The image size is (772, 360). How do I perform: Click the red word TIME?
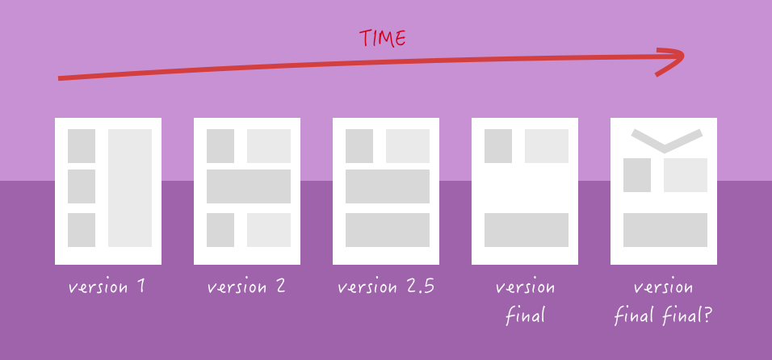pos(382,37)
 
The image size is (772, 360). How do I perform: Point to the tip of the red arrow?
pos(683,56)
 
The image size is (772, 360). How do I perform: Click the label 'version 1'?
pos(107,287)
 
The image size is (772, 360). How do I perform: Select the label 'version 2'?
pos(246,287)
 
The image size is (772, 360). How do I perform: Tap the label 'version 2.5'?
pos(386,287)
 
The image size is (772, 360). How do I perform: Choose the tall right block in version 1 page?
pos(130,187)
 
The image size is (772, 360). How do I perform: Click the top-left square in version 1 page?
pos(82,145)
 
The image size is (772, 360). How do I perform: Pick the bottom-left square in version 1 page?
pos(82,230)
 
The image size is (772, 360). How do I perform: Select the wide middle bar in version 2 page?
pos(248,186)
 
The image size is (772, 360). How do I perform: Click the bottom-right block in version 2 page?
pos(269,230)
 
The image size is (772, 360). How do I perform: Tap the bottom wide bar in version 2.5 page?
pos(387,230)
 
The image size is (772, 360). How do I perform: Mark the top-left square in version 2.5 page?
pos(359,145)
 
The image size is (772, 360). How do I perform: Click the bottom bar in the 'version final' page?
pos(526,230)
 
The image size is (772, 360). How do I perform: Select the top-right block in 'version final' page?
pos(547,145)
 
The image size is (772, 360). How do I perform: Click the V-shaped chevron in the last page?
pos(666,140)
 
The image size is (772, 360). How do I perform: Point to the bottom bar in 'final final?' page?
pos(665,230)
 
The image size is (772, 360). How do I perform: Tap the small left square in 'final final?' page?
pos(637,175)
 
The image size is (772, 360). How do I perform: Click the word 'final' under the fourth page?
pos(525,315)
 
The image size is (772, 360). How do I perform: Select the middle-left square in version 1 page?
pos(82,186)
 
